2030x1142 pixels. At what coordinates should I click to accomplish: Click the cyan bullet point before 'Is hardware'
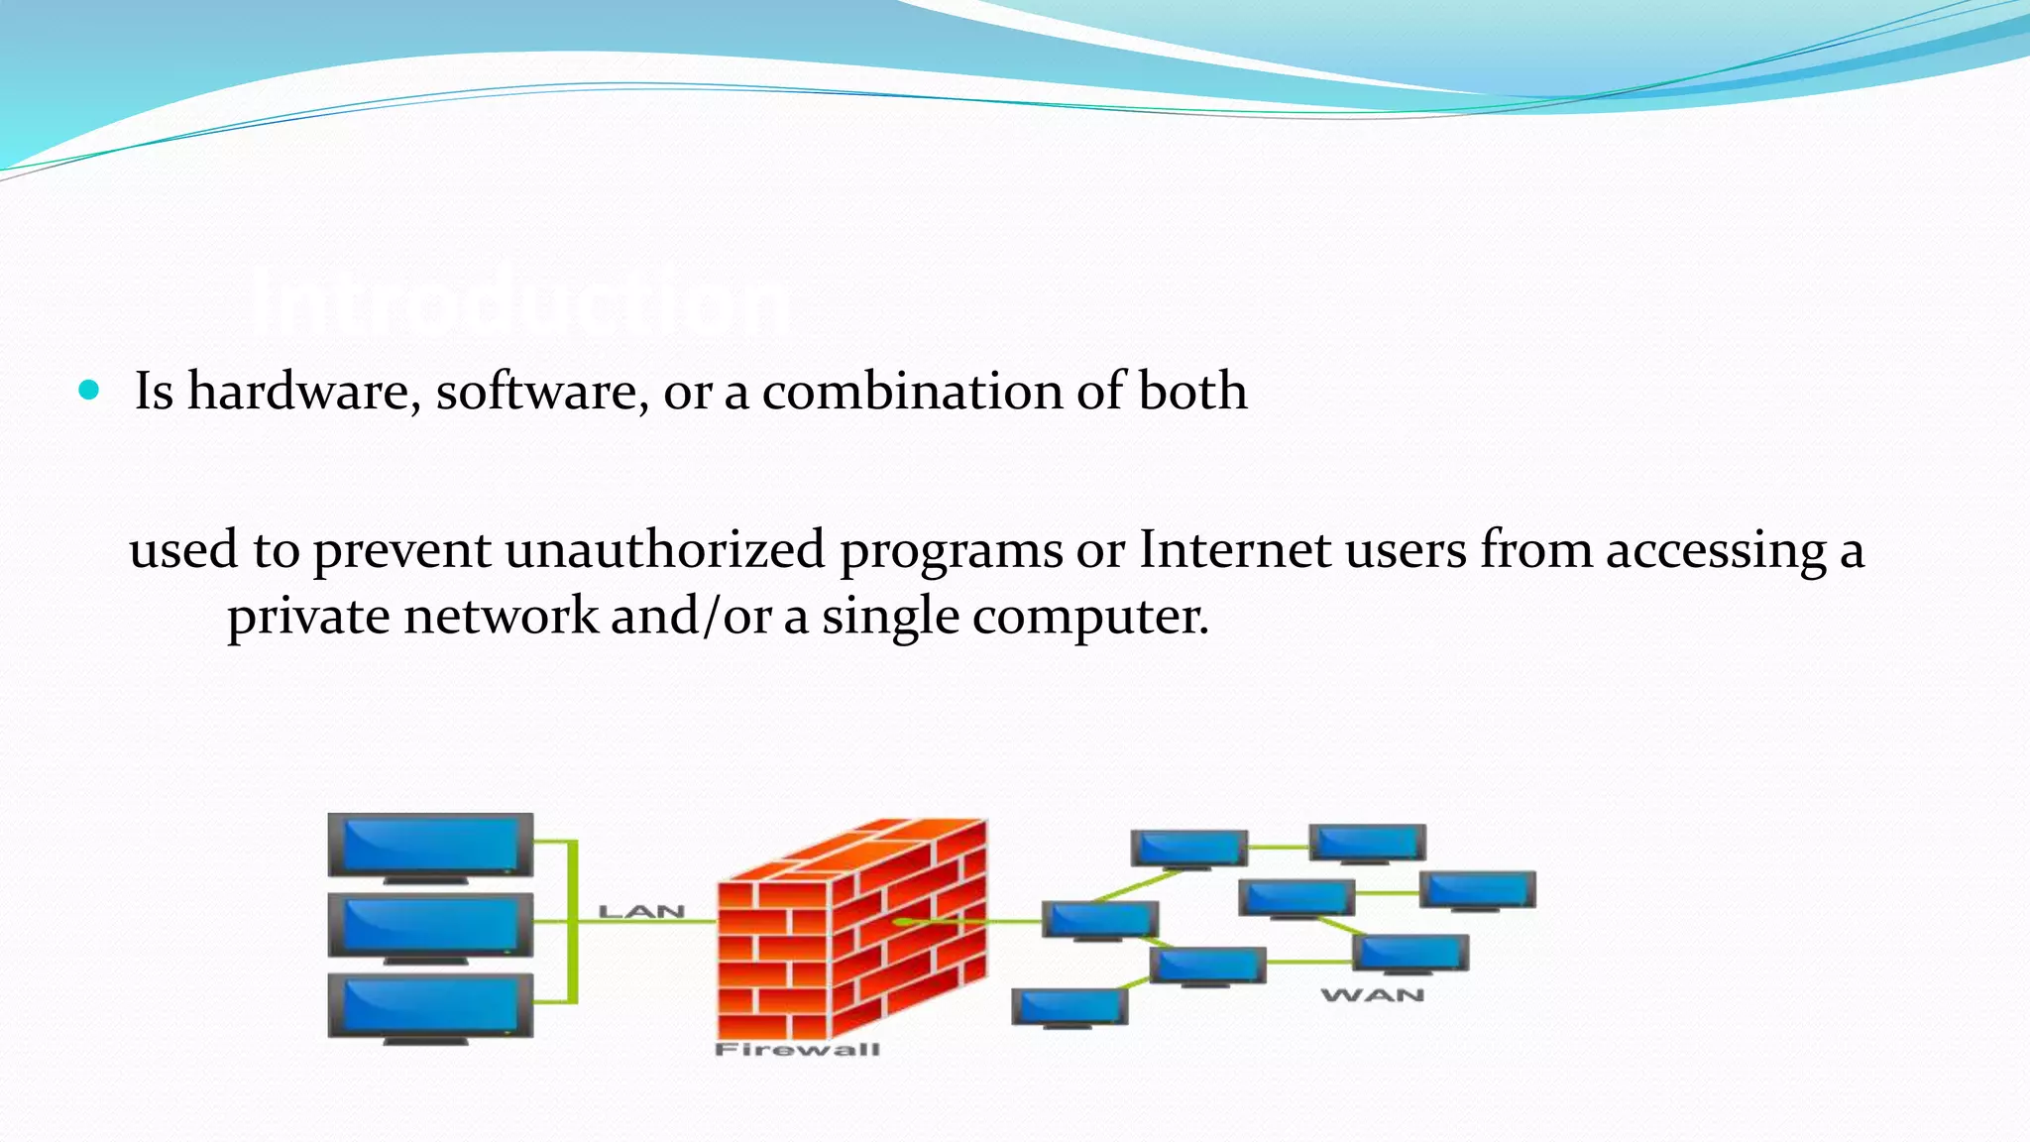click(x=89, y=390)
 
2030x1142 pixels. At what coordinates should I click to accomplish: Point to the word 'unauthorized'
click(x=664, y=549)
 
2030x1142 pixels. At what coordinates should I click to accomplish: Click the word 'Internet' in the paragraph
click(x=1234, y=549)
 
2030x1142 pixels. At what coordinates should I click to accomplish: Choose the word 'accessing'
click(x=1716, y=551)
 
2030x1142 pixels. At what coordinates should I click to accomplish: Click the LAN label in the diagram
click(x=641, y=911)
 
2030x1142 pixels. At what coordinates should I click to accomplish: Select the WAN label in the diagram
click(x=1373, y=994)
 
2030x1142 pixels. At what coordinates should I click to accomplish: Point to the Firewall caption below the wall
click(x=797, y=1049)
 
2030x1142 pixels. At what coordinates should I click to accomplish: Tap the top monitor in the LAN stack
click(x=430, y=846)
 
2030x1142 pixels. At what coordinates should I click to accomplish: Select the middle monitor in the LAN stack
click(x=430, y=926)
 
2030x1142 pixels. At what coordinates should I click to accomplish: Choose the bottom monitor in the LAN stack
click(x=430, y=1006)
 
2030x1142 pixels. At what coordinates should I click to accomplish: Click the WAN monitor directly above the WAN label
click(x=1410, y=954)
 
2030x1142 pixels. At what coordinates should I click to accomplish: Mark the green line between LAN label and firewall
click(x=700, y=922)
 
